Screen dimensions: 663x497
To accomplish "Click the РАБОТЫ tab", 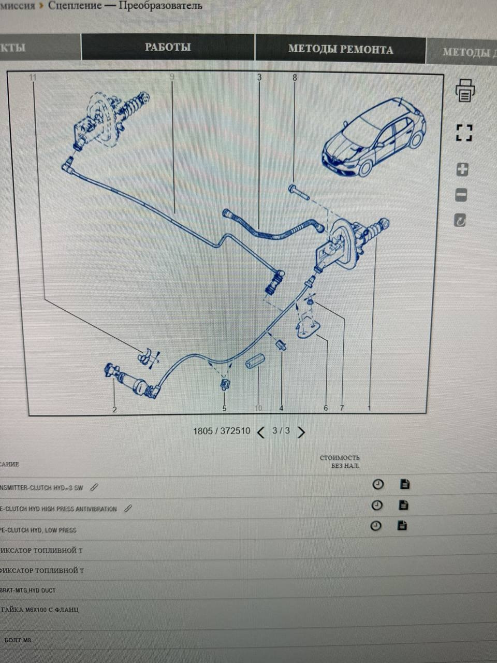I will point(167,47).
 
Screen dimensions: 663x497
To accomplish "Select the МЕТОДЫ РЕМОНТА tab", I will point(340,49).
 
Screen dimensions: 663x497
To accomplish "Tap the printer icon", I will point(464,90).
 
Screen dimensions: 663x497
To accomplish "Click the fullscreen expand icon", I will point(464,133).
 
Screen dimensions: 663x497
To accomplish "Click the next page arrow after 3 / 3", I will point(301,432).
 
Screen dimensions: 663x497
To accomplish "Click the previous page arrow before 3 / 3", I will point(261,432).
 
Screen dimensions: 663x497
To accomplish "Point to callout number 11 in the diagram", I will point(33,78).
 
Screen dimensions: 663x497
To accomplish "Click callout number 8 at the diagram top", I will point(295,78).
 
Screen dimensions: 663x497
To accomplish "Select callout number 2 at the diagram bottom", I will point(114,409).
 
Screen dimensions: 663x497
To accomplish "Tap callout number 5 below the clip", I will point(224,408).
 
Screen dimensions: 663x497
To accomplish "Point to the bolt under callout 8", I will point(299,192).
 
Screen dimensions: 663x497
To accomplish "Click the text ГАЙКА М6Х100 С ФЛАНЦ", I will point(41,610).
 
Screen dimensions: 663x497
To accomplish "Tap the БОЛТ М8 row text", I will point(18,640).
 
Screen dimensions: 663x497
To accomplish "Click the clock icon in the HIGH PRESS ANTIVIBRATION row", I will point(377,505).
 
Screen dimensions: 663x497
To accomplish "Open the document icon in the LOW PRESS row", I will point(402,526).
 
